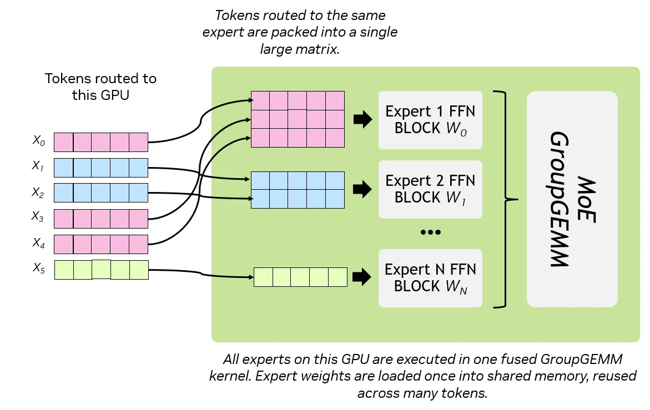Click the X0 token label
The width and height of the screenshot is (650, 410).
38,141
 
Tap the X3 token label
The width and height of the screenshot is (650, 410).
38,217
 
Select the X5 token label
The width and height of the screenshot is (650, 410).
38,269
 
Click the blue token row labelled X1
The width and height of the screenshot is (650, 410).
101,168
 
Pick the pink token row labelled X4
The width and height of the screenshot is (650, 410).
101,244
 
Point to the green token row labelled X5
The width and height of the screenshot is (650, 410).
101,270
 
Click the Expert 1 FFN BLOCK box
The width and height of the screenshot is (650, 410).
430,120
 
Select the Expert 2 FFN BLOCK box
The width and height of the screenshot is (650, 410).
430,189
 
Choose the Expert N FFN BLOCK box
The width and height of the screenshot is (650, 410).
430,278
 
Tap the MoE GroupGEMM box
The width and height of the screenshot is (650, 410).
572,199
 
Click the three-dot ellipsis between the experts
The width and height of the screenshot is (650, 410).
430,232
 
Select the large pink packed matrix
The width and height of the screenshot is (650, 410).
298,119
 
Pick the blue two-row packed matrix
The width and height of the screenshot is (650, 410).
298,190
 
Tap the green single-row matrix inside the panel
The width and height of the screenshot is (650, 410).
300,277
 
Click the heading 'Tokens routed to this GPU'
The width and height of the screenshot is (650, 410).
100,87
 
